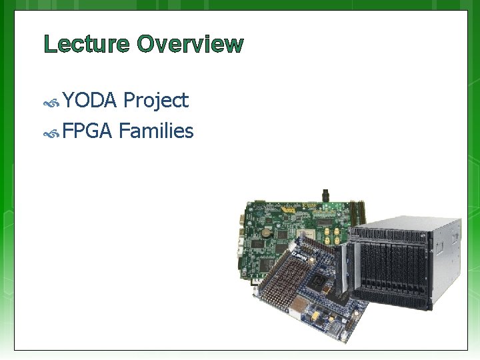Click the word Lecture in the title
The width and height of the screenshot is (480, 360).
[87, 45]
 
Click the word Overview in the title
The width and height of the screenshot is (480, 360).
[191, 45]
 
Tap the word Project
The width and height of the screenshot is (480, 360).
[156, 101]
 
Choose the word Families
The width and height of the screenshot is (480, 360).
[156, 131]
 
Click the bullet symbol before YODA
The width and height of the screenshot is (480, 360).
[52, 103]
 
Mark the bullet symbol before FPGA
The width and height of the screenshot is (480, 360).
[52, 133]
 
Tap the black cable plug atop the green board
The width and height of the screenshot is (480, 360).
[325, 195]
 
